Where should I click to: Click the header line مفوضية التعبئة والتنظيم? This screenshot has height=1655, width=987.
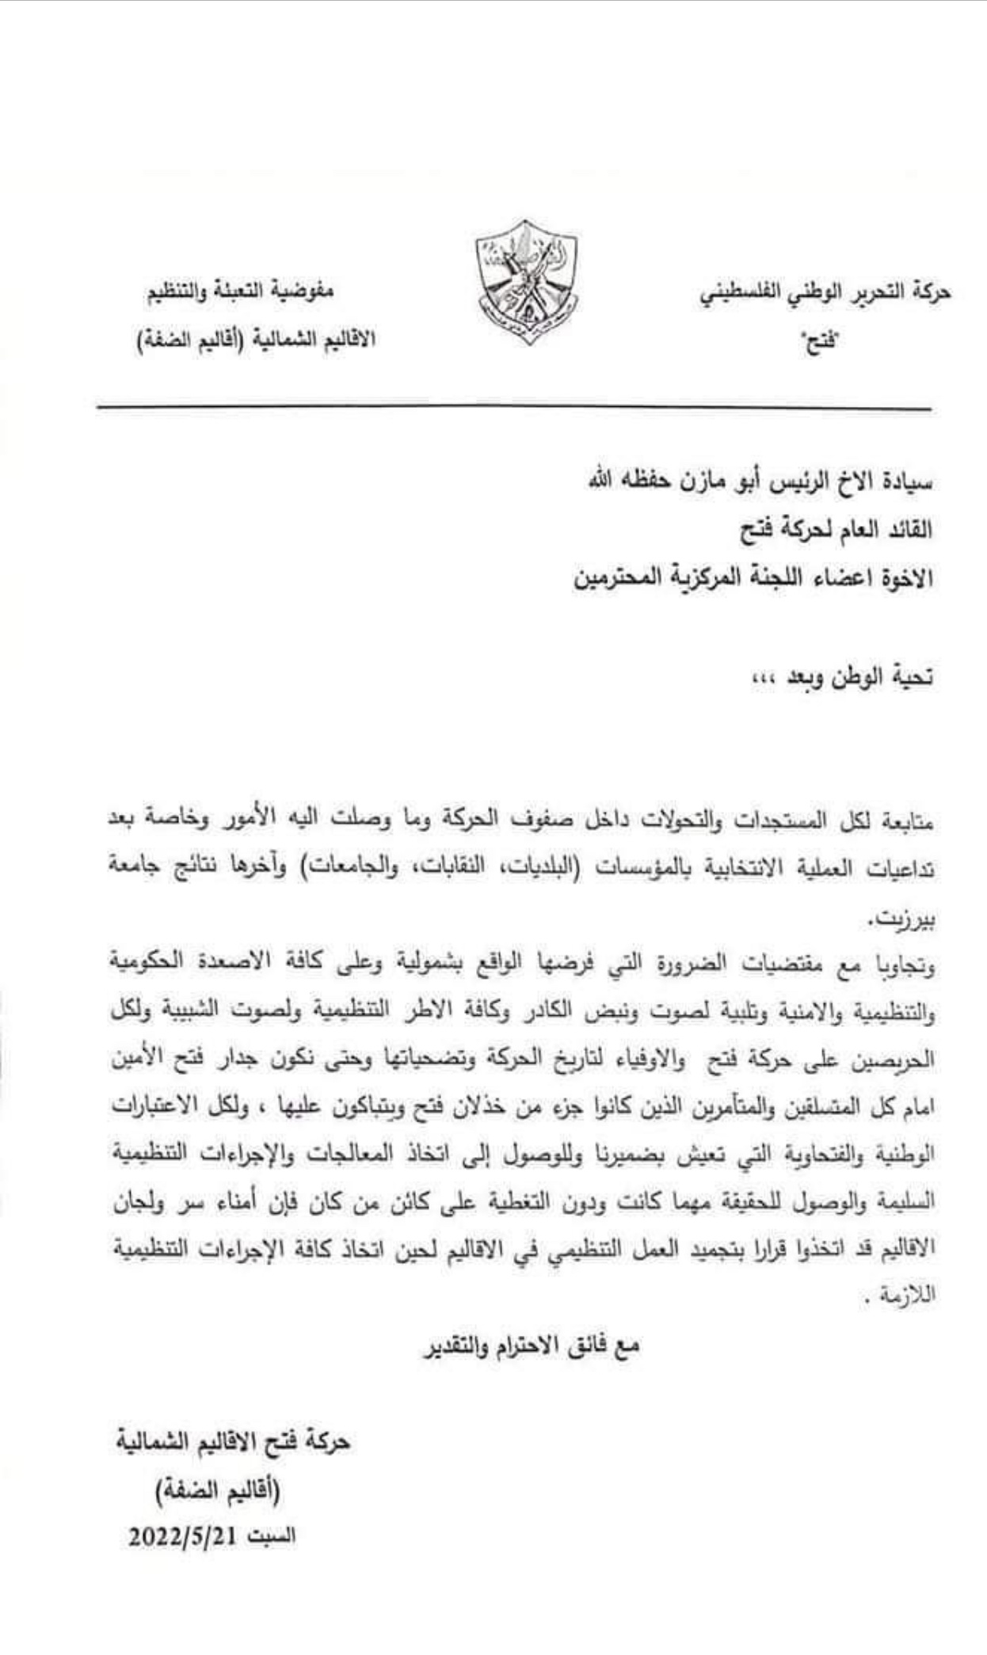(x=238, y=291)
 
